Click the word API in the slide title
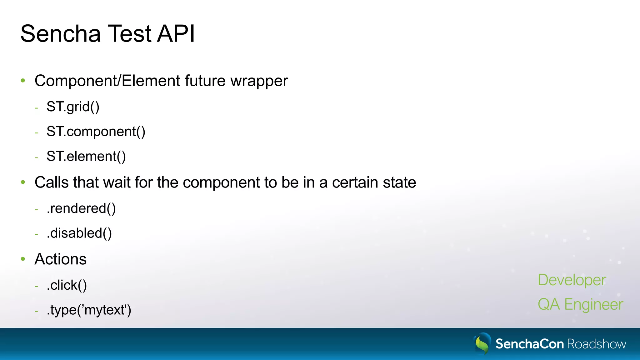point(176,33)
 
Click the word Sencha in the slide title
point(61,33)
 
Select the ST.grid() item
point(73,107)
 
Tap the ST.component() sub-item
point(96,132)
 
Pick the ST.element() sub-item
point(86,156)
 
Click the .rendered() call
point(81,208)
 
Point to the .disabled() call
point(79,233)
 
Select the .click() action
point(67,285)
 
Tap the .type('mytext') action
point(89,310)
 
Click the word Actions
point(60,259)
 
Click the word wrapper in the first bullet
point(259,81)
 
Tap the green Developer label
point(572,280)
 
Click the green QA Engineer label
point(580,304)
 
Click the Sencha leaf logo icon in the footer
point(482,343)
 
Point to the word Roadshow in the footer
point(597,344)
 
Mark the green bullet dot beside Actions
point(23,259)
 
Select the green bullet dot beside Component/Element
point(23,81)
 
